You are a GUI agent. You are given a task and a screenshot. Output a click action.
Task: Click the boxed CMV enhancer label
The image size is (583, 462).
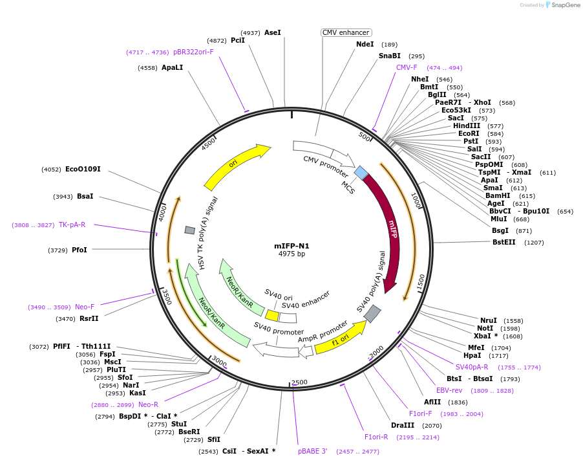pos(346,32)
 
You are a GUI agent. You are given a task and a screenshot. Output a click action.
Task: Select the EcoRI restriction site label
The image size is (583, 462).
pos(469,133)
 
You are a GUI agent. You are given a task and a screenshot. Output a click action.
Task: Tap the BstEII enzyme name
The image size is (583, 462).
pos(504,243)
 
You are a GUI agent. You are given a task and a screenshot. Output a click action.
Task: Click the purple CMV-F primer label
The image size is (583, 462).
pos(407,67)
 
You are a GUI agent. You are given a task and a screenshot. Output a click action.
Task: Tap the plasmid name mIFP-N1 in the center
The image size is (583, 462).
pos(291,246)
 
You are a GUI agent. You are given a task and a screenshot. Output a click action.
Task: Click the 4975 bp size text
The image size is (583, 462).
pos(291,254)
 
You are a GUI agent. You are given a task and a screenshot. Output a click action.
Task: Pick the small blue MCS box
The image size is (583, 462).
pos(361,172)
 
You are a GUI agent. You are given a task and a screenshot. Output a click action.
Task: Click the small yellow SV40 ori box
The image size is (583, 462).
pos(272,316)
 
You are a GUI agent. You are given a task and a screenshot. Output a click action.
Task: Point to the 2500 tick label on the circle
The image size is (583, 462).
pos(299,382)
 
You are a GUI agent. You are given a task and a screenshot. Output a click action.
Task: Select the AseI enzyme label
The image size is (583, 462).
pos(273,32)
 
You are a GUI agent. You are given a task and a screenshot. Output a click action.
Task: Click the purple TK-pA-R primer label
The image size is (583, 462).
pos(72,225)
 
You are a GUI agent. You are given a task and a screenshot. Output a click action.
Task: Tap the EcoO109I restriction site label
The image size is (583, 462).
pos(83,169)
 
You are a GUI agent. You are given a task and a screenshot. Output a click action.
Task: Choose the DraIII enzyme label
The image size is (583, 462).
pos(403,425)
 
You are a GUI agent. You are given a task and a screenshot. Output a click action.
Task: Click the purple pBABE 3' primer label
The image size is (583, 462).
pos(313,451)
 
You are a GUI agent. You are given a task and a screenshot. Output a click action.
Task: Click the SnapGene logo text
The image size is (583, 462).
pos(564,5)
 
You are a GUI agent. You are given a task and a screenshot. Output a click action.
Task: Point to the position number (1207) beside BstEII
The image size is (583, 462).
pos(534,243)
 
